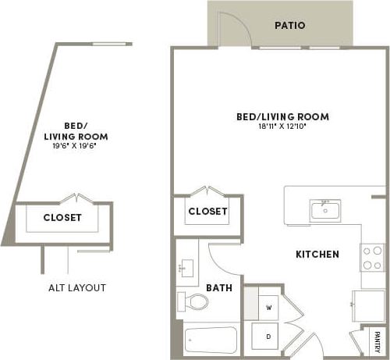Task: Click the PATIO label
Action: tap(289, 25)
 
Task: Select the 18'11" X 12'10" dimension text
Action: tap(282, 127)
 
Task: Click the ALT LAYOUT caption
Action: tap(76, 287)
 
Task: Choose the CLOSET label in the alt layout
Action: tap(62, 218)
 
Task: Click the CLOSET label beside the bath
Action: tap(208, 212)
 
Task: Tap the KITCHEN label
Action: tap(317, 255)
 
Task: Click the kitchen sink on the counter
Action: tap(324, 210)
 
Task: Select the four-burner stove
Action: tap(372, 258)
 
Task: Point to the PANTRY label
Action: tap(377, 341)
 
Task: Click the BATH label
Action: tap(219, 288)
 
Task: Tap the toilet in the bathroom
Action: tap(191, 301)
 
